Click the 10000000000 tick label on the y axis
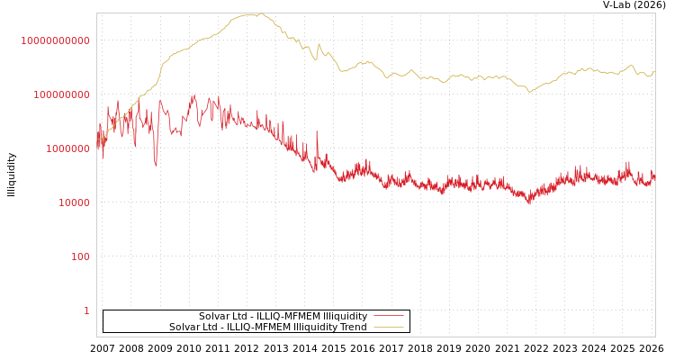(55, 40)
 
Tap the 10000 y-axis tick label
(74, 202)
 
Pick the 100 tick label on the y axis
(80, 256)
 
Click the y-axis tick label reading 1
(86, 310)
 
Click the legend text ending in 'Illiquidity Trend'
(267, 328)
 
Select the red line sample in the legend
(388, 316)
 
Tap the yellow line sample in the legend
(388, 328)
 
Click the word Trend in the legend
(353, 328)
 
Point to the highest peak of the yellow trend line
(257, 13)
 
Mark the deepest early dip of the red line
(156, 166)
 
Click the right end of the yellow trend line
(654, 71)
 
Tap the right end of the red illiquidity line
(654, 177)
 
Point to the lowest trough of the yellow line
(529, 92)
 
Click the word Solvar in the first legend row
(215, 316)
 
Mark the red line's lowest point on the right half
(529, 204)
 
